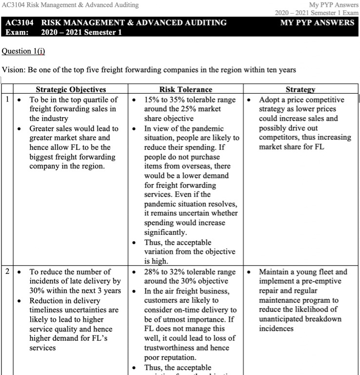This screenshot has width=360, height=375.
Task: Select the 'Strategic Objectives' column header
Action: tap(71, 90)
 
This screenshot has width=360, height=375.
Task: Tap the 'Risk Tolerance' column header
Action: tap(186, 90)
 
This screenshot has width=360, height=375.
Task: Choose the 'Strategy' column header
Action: tap(300, 90)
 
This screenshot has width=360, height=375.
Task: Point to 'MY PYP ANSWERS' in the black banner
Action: tap(318, 23)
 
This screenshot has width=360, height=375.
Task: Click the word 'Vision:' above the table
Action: tap(14, 70)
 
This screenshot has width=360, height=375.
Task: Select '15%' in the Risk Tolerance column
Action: tap(152, 100)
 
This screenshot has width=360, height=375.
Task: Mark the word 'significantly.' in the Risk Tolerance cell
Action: tap(166, 233)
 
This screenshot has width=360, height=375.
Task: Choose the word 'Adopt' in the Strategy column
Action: tap(269, 100)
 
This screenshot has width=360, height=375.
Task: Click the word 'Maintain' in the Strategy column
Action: tap(275, 271)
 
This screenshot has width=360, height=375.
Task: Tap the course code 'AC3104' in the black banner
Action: tap(20, 23)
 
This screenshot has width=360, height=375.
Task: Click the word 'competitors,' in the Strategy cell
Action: tap(281, 138)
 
